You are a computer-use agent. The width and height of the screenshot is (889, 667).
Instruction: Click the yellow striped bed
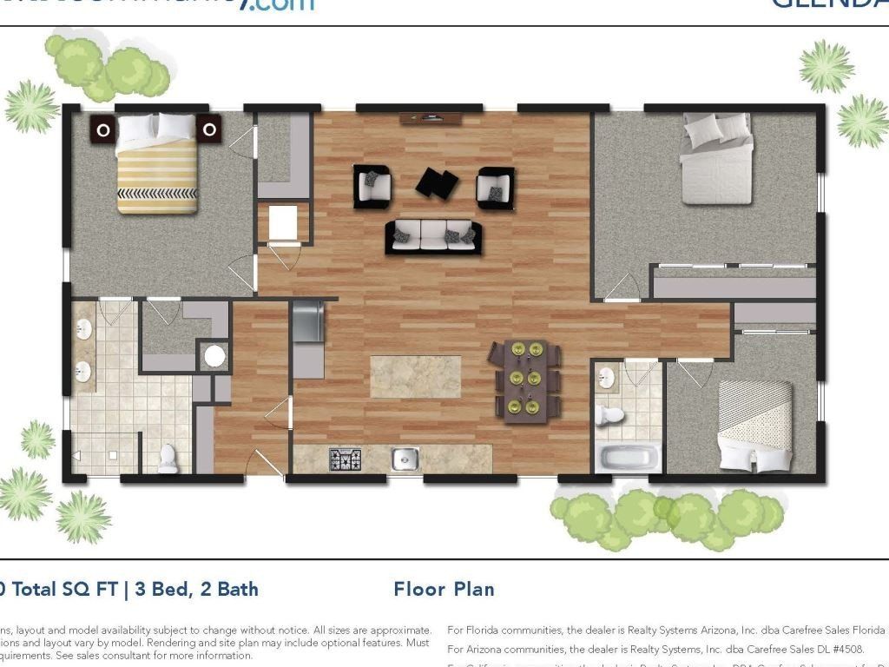[x=157, y=169]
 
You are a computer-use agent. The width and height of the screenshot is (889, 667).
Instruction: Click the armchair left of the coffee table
[x=372, y=185]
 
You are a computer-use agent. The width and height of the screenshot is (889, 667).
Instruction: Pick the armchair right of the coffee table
[x=496, y=187]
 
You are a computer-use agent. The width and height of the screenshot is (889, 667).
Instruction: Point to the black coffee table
[x=437, y=182]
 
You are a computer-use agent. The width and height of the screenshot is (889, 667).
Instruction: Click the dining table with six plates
[x=527, y=380]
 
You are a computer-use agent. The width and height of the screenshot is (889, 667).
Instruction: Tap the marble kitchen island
[x=416, y=376]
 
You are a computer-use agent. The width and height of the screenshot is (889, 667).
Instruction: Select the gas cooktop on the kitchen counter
[x=345, y=459]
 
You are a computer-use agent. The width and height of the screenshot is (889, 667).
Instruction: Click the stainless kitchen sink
[x=405, y=459]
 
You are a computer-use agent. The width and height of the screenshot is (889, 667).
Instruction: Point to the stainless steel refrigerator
[x=307, y=322]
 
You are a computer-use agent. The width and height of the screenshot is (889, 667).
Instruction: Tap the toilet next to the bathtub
[x=611, y=414]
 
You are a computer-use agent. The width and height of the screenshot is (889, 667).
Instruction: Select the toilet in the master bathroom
[x=168, y=459]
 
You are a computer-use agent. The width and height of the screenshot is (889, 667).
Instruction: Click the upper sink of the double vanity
[x=84, y=330]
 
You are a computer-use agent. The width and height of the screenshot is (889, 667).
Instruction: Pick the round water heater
[x=213, y=356]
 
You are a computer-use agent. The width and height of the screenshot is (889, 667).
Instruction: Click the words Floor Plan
[x=444, y=590]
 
